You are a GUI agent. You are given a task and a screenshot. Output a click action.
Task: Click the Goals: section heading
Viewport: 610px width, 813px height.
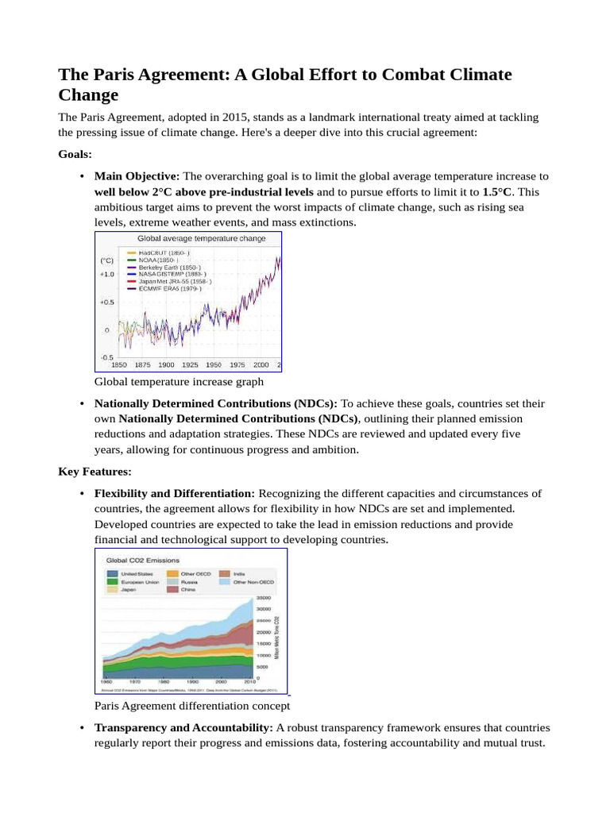[75, 154]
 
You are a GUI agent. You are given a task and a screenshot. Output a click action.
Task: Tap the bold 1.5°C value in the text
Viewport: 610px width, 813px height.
[499, 192]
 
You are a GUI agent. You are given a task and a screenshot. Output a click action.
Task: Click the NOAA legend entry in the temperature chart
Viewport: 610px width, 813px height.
[159, 260]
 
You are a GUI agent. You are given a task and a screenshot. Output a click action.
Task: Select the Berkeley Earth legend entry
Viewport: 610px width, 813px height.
[168, 268]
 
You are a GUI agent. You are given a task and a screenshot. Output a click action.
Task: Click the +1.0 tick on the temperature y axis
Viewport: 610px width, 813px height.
[106, 275]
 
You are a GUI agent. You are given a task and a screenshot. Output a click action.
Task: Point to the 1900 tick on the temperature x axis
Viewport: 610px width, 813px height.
[165, 364]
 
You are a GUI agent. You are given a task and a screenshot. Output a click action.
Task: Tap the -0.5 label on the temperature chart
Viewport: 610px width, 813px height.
[106, 357]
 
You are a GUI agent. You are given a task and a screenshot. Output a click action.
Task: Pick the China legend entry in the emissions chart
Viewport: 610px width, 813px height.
[189, 590]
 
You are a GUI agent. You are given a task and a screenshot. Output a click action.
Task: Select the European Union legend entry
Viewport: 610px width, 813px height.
[140, 582]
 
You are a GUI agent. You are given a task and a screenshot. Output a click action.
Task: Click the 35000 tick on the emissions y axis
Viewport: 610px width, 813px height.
[264, 598]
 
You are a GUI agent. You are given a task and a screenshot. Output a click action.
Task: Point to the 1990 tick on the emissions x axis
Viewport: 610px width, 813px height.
[192, 681]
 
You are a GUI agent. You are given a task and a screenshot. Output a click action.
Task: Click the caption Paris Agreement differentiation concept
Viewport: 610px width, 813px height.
[191, 705]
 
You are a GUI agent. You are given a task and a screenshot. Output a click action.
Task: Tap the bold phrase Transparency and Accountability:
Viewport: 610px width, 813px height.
[183, 728]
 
